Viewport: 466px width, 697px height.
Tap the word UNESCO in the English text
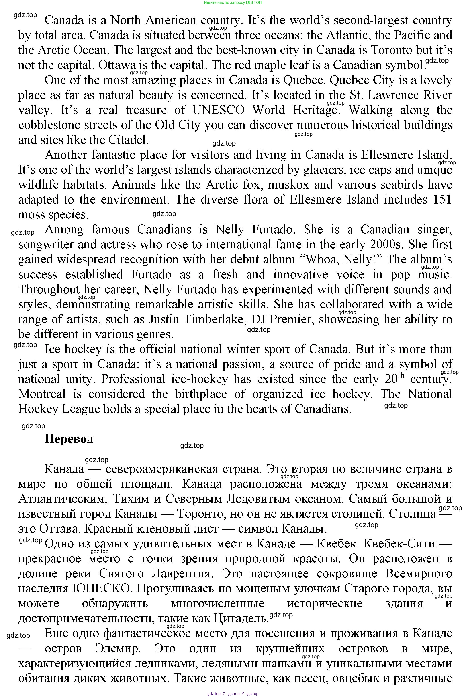tap(219, 110)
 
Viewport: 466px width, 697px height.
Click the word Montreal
tap(42, 394)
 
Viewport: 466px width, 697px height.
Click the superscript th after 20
tap(401, 376)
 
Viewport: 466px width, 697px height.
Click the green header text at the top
tap(233, 2)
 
